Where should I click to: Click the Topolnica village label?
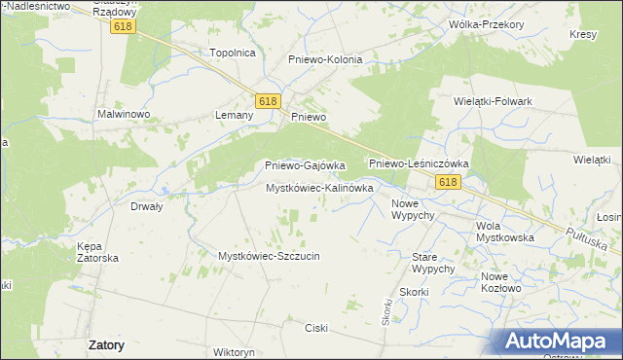(232, 53)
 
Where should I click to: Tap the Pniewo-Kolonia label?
(325, 59)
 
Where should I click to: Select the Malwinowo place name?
(123, 114)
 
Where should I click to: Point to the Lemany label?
(234, 115)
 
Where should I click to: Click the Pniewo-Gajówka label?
(306, 166)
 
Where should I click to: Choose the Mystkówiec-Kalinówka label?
(319, 187)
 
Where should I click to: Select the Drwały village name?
(146, 206)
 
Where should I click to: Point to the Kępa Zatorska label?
(97, 252)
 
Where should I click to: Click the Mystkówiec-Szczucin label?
(269, 256)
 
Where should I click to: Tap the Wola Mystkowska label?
(503, 232)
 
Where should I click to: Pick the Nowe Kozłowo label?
(501, 282)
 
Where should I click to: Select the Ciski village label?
(317, 328)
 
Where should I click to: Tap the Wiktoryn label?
(233, 351)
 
